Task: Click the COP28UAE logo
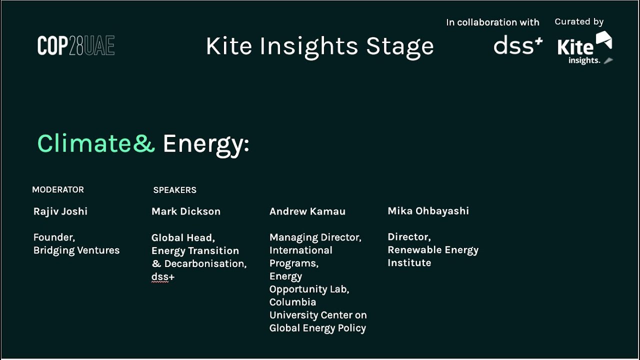click(76, 46)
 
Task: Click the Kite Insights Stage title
click(319, 46)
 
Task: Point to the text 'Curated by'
click(579, 22)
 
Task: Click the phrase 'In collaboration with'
click(492, 22)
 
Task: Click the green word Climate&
click(96, 144)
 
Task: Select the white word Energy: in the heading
click(205, 144)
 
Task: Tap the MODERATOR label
click(58, 190)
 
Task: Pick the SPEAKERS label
click(174, 190)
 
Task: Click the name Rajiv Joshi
click(60, 211)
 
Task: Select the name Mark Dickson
click(186, 211)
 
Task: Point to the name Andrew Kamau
click(307, 211)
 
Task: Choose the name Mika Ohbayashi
click(428, 211)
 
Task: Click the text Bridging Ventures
click(76, 250)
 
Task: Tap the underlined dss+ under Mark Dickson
click(163, 277)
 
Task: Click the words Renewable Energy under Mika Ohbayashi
click(433, 250)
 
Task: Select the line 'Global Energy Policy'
click(317, 328)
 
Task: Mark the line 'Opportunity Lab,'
click(309, 289)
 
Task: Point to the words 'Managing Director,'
click(315, 237)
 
